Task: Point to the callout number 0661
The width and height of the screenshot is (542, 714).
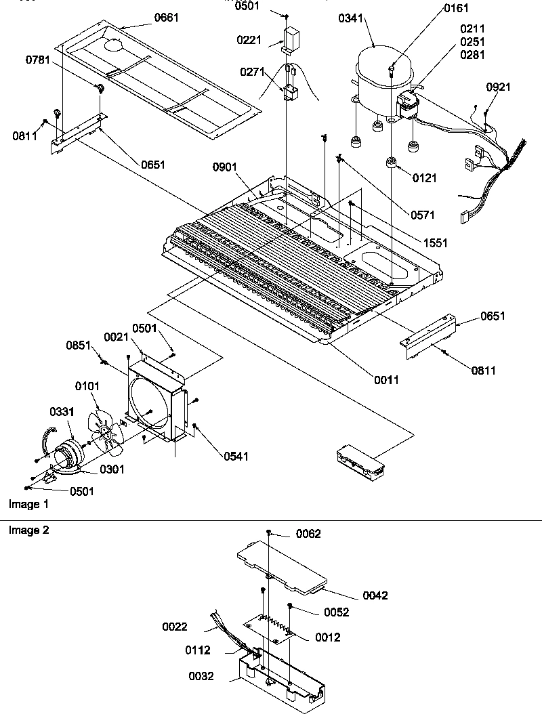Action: [x=167, y=18]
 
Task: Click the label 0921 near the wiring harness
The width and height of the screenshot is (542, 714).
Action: [x=499, y=87]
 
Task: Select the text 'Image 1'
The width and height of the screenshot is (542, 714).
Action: [x=28, y=505]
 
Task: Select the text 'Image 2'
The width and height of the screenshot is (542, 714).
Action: [x=28, y=530]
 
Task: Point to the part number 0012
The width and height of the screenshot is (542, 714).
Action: [x=327, y=637]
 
